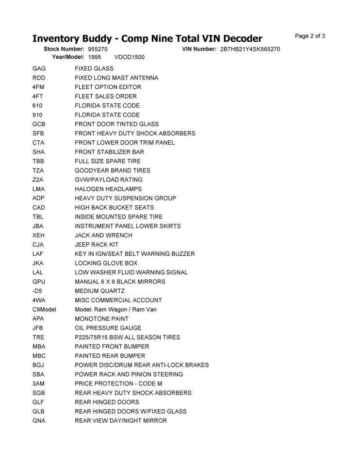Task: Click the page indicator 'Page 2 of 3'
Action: tap(310, 36)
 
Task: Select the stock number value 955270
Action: tap(98, 49)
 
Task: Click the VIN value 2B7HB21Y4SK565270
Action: tap(250, 49)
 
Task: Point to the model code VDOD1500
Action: tap(129, 57)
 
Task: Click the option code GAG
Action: tap(39, 68)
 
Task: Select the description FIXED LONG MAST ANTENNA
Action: tap(116, 78)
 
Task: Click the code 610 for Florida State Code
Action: tap(37, 105)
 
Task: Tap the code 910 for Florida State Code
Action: tap(37, 115)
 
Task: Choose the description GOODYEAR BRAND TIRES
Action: tap(113, 170)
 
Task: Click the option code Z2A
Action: tap(38, 180)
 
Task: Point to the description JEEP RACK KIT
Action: tap(97, 245)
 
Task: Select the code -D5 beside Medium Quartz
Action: tap(37, 291)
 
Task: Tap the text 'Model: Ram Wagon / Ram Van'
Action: tap(115, 309)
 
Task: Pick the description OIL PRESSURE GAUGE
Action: tap(108, 328)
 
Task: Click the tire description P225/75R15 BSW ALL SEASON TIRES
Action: tap(127, 337)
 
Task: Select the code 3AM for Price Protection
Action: tap(38, 383)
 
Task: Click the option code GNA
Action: tap(39, 421)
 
